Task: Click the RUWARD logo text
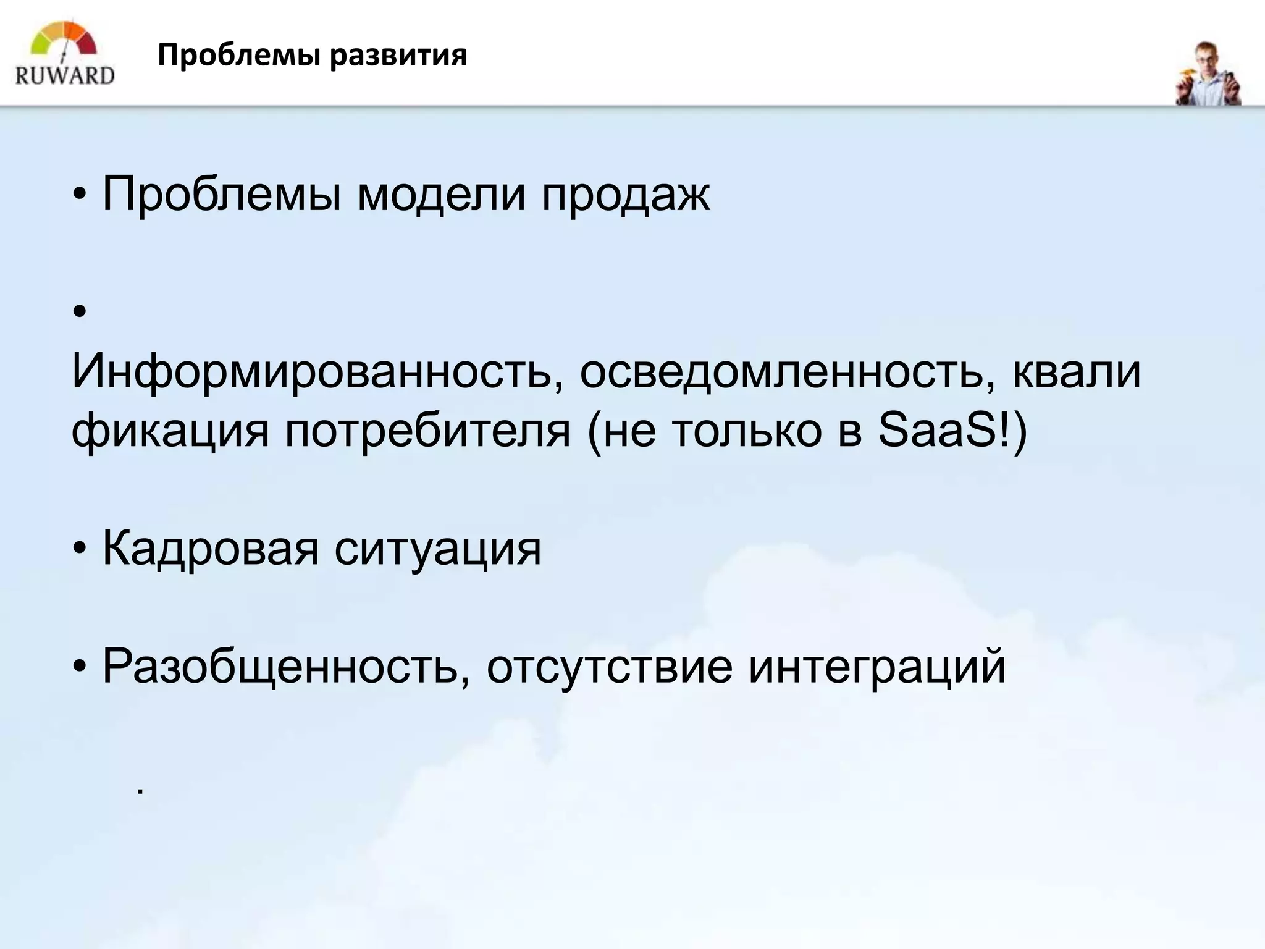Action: [65, 75]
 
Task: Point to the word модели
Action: [442, 194]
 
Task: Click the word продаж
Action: [626, 194]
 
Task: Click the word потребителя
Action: [427, 430]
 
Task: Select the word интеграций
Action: [877, 667]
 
